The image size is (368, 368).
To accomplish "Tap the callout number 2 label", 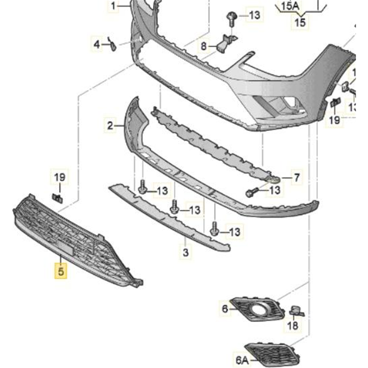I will tap(110, 125).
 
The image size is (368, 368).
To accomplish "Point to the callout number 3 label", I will tap(185, 252).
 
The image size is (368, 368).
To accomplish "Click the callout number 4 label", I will tap(97, 44).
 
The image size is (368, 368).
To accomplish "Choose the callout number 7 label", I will tap(296, 177).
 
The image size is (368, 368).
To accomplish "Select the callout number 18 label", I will tap(293, 326).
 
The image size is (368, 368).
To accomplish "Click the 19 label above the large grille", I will tap(60, 177).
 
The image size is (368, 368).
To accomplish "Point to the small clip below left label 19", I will tap(58, 197).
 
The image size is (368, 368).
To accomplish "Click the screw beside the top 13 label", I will tap(231, 18).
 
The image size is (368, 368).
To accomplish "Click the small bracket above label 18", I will tap(296, 311).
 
